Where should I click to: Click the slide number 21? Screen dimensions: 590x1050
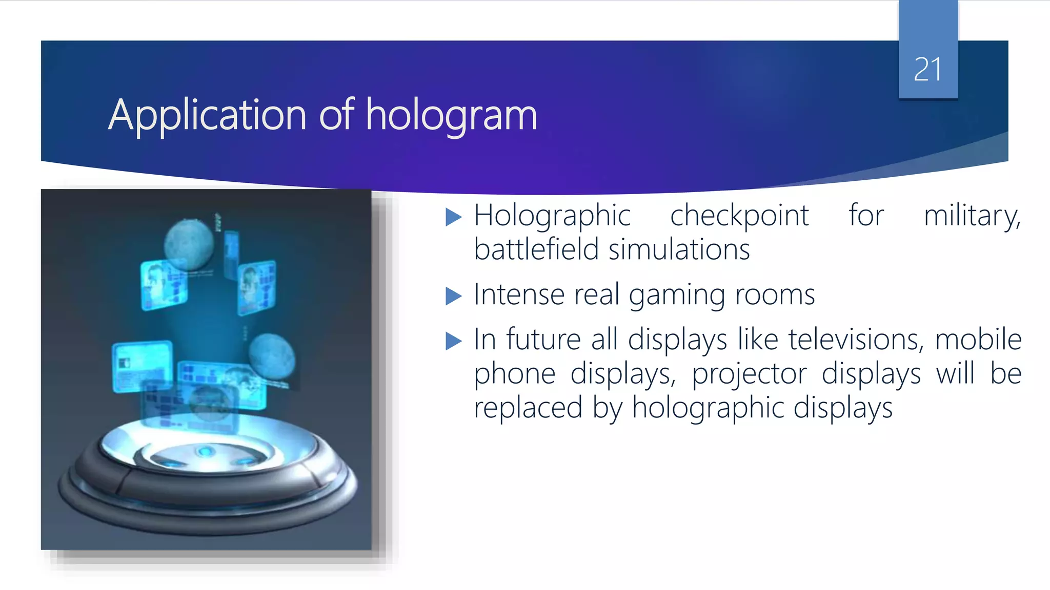tap(927, 70)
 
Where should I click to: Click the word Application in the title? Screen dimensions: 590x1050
tap(207, 115)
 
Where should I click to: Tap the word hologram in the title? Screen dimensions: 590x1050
tap(451, 115)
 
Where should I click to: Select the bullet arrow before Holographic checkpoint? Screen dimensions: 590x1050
tap(454, 217)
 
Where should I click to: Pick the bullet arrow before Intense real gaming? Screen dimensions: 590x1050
tap(454, 296)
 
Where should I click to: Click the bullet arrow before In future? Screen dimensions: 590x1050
tap(454, 341)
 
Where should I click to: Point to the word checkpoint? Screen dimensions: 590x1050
tap(739, 215)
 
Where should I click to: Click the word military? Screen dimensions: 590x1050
tap(972, 215)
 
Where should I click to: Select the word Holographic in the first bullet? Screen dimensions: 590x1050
tap(552, 216)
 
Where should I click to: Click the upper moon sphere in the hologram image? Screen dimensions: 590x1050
tap(189, 244)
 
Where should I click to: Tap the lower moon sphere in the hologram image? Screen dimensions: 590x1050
tap(272, 356)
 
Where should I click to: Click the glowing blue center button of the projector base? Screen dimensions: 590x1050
tap(206, 451)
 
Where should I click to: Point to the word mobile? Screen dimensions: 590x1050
tap(978, 340)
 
